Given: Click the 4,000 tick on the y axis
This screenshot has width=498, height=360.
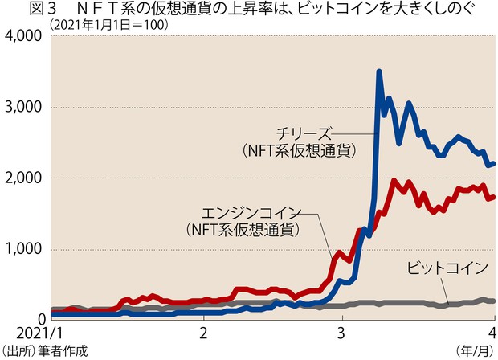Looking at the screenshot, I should (24, 37).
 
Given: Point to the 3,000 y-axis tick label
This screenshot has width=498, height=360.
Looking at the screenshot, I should (24, 108).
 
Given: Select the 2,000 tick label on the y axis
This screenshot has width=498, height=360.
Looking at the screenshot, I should (24, 178).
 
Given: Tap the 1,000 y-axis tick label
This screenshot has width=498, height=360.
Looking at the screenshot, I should (24, 249).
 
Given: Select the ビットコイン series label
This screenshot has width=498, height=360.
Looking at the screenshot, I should (447, 268).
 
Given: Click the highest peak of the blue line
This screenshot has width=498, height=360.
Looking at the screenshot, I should (379, 72).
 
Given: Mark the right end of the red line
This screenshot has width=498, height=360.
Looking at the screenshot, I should (493, 197).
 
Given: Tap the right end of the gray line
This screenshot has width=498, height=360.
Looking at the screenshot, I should (493, 301).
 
